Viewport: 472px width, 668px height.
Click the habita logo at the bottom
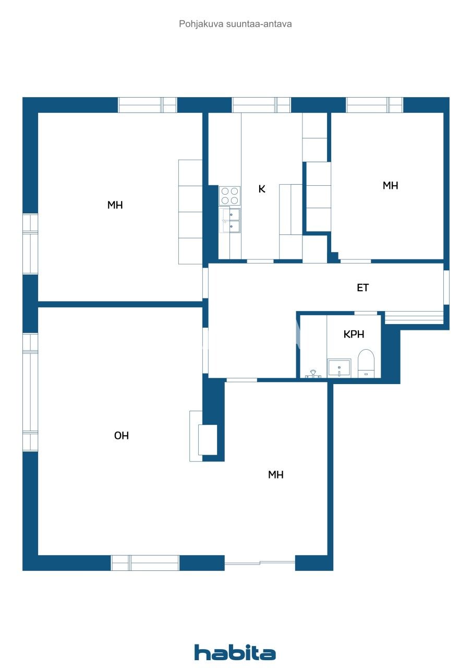pyautogui.click(x=235, y=653)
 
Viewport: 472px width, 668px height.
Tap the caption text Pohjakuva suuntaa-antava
pyautogui.click(x=235, y=24)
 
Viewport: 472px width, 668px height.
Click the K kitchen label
pyautogui.click(x=262, y=189)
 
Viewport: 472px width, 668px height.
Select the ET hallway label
pyautogui.click(x=362, y=288)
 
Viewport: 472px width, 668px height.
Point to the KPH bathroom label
pyautogui.click(x=354, y=335)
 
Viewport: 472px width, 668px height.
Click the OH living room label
pyautogui.click(x=122, y=436)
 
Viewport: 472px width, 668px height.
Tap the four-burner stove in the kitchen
pyautogui.click(x=229, y=196)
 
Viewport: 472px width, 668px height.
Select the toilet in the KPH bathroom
pyautogui.click(x=366, y=363)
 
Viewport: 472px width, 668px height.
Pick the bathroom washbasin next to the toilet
pyautogui.click(x=339, y=368)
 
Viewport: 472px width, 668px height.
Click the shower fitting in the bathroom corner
pyautogui.click(x=313, y=374)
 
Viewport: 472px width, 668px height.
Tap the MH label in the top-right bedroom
pyautogui.click(x=390, y=185)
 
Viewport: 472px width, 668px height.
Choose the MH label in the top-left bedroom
pyautogui.click(x=115, y=205)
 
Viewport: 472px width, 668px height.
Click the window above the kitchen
pyautogui.click(x=261, y=105)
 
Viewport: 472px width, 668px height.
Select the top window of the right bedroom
pyautogui.click(x=374, y=105)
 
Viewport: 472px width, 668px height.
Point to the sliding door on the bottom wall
pyautogui.click(x=260, y=563)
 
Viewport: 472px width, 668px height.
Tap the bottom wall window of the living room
pyautogui.click(x=145, y=563)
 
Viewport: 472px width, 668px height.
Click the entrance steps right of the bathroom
pyautogui.click(x=414, y=318)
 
